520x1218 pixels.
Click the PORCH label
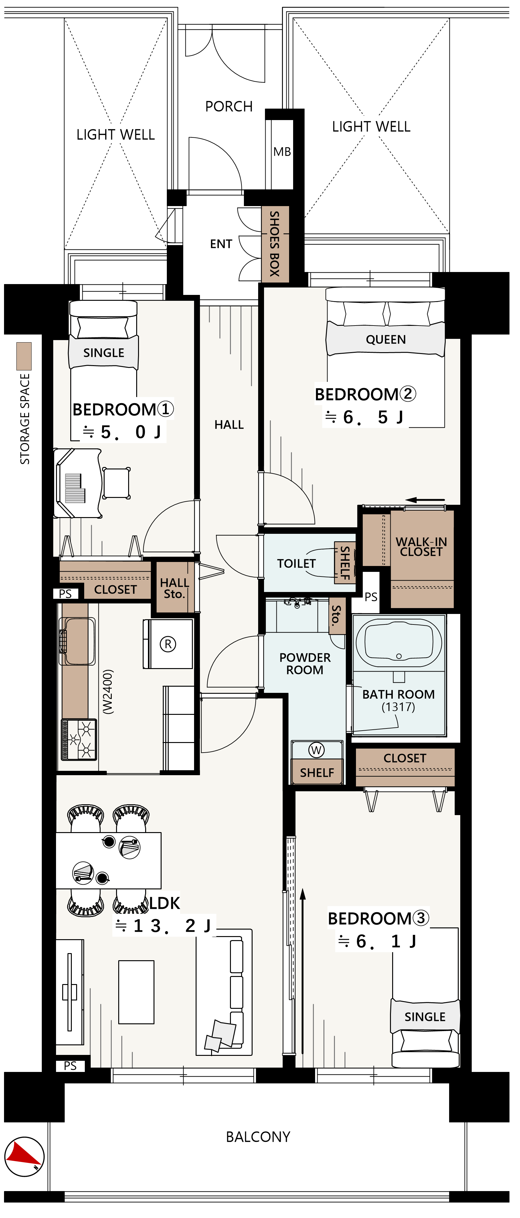[229, 106]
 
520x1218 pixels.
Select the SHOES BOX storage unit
[275, 244]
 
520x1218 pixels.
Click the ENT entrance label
[221, 244]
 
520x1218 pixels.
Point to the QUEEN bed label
[386, 339]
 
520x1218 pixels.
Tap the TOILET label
[297, 564]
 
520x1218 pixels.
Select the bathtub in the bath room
[399, 643]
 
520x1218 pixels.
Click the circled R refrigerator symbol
[168, 644]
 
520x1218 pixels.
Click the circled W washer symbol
[316, 750]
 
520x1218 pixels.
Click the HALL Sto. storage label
[175, 588]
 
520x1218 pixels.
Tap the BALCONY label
[258, 1137]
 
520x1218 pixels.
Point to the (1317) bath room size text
[398, 707]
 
